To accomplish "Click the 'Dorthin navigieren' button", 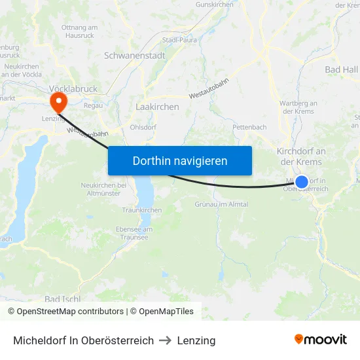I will [179, 160].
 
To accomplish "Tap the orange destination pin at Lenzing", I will [58, 100].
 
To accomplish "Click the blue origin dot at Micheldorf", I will [302, 182].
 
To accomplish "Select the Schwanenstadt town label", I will [134, 56].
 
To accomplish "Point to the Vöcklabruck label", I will [73, 88].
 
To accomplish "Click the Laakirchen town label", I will [157, 106].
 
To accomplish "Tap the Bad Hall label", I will [341, 69].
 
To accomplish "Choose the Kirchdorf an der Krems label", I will [301, 156].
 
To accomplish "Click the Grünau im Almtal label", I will [221, 204].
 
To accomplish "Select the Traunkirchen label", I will [142, 210].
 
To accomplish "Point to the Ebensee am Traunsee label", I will [134, 233].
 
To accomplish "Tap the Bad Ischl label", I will [62, 299].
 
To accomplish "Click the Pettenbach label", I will [249, 126].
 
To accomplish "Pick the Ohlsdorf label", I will [143, 126].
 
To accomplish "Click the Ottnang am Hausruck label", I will [79, 31].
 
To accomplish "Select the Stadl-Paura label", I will [181, 40].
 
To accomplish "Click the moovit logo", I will [321, 340].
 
